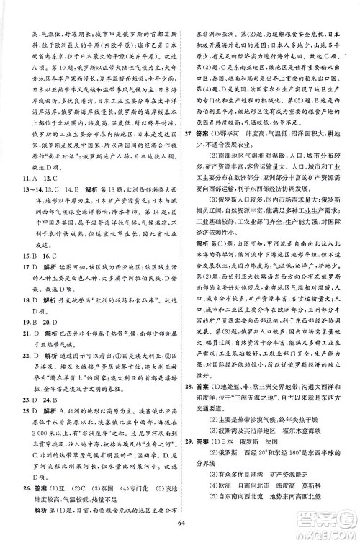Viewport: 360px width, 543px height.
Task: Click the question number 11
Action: (x=26, y=178)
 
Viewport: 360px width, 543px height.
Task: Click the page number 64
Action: (x=180, y=531)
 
